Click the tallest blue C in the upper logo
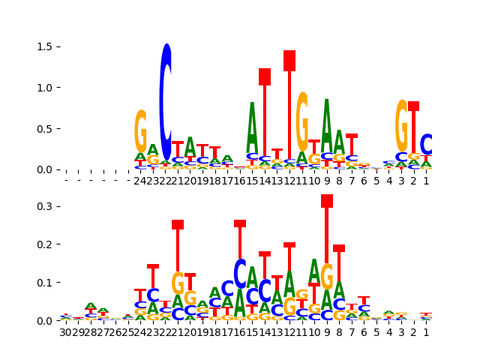[x=166, y=101]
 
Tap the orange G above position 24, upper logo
[x=140, y=131]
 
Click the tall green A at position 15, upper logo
[x=252, y=127]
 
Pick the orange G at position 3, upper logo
[x=402, y=125]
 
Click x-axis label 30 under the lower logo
[x=65, y=331]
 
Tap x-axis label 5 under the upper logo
[x=376, y=181]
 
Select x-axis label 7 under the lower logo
[x=352, y=331]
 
